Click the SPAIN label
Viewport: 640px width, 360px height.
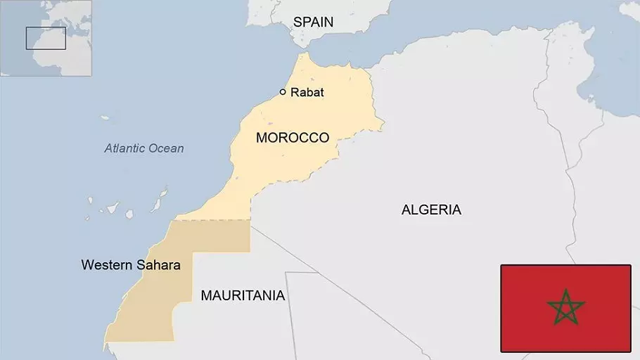pos(313,22)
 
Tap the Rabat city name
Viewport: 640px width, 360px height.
pos(307,92)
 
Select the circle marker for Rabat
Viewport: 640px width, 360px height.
pos(283,91)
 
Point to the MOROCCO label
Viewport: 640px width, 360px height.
pos(292,138)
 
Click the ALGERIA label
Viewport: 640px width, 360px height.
pos(431,210)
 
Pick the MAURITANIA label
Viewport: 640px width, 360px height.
pos(243,296)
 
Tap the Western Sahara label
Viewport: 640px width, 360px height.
pos(131,266)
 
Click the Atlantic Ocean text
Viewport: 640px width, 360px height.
pos(144,148)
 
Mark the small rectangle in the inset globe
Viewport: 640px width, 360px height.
pos(46,38)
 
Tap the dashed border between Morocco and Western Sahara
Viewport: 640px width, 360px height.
pos(211,220)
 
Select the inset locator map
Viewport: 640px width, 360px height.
pos(46,37)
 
